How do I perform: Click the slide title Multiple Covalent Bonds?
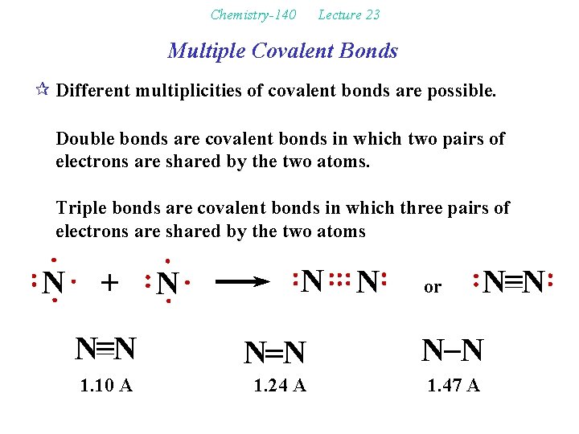coord(282,51)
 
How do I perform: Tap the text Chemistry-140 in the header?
coord(253,14)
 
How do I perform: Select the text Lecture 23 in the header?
coord(348,14)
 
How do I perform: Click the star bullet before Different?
coord(43,90)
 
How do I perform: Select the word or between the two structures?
coord(433,287)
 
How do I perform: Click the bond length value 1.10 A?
coord(106,386)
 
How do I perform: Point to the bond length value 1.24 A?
coord(279,386)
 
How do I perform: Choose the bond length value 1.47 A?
coord(454,386)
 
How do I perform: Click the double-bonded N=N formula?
coord(275,352)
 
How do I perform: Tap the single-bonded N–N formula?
coord(453,350)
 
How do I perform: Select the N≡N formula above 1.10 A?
coord(105,350)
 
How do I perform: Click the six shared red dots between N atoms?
coord(341,281)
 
